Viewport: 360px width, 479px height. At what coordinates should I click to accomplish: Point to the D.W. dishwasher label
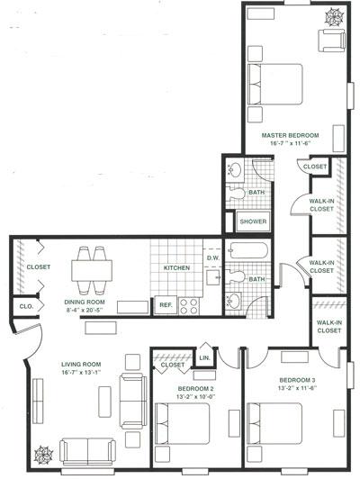(x=212, y=258)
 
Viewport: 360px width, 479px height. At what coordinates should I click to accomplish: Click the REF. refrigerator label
(x=166, y=305)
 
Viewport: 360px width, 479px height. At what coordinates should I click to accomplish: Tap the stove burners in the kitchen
(x=189, y=304)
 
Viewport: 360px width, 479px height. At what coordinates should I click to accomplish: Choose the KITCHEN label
(x=175, y=268)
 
